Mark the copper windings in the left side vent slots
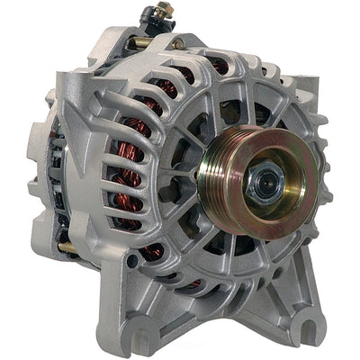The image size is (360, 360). (126, 162)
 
